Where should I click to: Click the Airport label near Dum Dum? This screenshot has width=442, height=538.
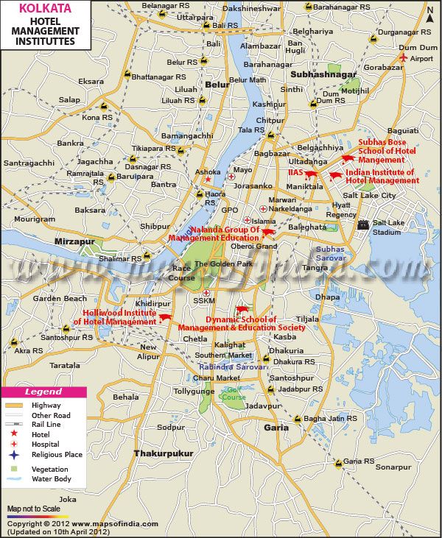pos(421,58)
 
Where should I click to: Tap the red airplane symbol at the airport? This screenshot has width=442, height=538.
pos(403,57)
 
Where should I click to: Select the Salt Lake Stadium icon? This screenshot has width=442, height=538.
pos(362,224)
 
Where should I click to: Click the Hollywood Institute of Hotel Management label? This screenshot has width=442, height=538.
pos(119,317)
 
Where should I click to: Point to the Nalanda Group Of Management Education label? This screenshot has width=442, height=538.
pos(214,234)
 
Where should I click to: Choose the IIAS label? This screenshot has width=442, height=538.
pos(295,171)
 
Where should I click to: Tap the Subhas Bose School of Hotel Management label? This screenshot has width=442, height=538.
pos(387,150)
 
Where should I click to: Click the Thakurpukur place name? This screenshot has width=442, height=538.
pos(163,453)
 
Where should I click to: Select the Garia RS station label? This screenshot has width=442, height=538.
pos(359,461)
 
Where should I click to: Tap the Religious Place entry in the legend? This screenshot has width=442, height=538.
pos(57,455)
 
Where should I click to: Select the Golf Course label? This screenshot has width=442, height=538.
pos(234,393)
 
